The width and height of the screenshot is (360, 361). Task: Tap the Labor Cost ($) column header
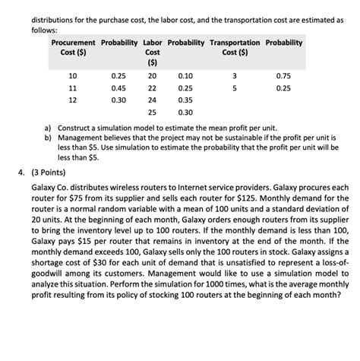[x=152, y=55]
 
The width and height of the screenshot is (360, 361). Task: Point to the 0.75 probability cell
[x=284, y=75]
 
